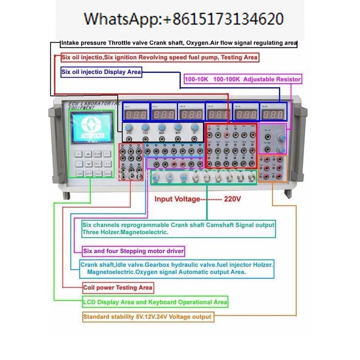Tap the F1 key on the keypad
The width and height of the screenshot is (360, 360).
pos(107,154)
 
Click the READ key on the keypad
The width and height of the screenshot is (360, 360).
pos(108,173)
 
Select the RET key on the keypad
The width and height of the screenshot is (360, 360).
pos(98,163)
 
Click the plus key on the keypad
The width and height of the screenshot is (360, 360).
pos(78,154)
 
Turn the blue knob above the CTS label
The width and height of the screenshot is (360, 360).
pos(129,127)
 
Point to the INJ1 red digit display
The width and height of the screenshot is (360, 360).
pos(135,115)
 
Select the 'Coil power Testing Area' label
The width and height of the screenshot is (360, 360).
pos(118,288)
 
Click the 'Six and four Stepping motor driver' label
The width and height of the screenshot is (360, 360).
pos(134,251)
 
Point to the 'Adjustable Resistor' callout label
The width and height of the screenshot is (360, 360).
pos(243,79)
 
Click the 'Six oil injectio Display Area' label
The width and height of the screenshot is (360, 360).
pos(101,72)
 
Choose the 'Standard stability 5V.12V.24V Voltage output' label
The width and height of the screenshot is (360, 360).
pos(147,317)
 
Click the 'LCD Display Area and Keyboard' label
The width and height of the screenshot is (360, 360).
pos(155,302)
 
